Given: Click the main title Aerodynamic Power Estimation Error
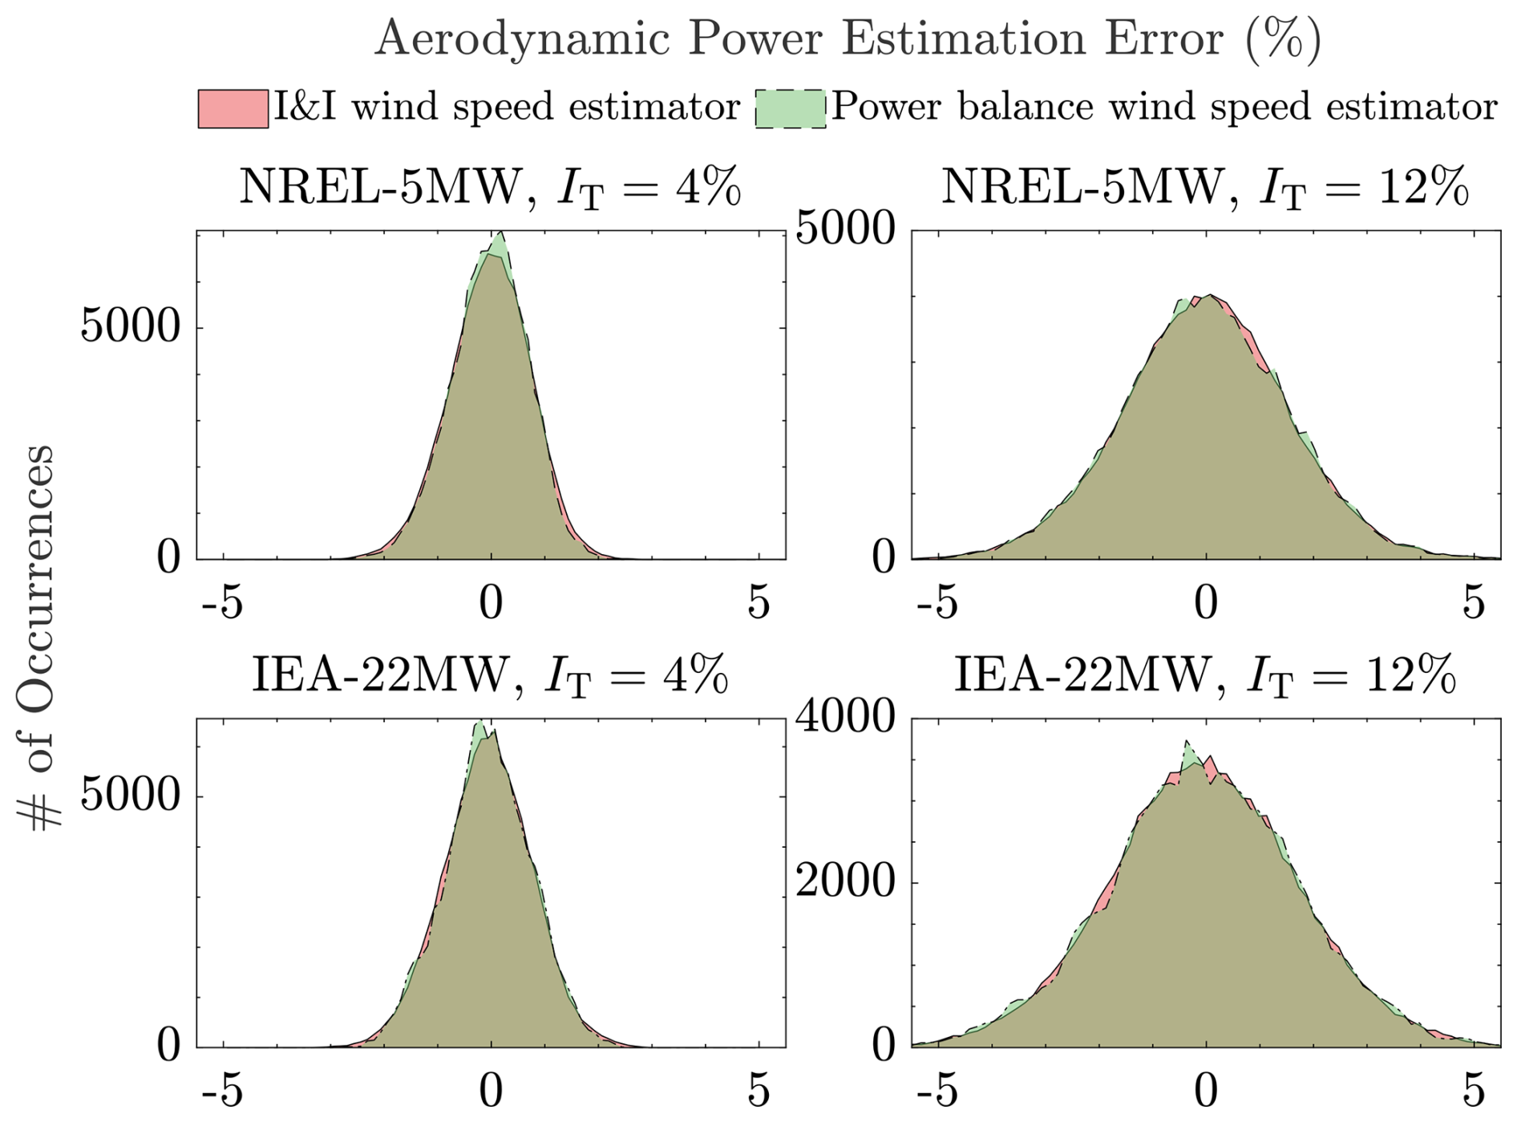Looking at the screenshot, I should tap(847, 38).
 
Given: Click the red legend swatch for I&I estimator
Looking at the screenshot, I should tap(233, 109).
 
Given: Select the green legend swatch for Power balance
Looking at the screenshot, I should tap(790, 109).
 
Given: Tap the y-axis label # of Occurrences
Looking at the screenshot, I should tap(36, 638).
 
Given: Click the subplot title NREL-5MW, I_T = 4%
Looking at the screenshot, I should tap(490, 188).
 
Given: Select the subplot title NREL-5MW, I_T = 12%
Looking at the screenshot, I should tap(1204, 188).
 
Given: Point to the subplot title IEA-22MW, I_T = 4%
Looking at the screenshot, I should tap(490, 675).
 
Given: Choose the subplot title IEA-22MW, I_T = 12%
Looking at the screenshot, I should tap(1204, 675).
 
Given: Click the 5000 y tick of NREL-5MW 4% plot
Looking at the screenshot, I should tap(130, 326).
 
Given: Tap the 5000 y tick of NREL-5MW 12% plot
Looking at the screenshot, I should tap(845, 229).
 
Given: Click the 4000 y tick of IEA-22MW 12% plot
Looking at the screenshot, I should tap(845, 716).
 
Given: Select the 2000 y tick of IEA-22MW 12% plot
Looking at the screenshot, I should tap(845, 881).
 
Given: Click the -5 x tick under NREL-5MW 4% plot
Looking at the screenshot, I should tap(222, 602).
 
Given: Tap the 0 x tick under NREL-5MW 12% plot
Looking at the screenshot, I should tap(1206, 602).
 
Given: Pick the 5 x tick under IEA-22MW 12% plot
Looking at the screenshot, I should tap(1474, 1091).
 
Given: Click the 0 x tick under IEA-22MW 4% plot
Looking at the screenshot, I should tap(491, 1091).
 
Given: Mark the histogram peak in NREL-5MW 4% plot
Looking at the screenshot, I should tap(500, 234).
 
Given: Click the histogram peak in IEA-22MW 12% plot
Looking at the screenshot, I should tap(1187, 743).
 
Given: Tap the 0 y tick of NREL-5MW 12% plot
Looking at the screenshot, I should tap(884, 557).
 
